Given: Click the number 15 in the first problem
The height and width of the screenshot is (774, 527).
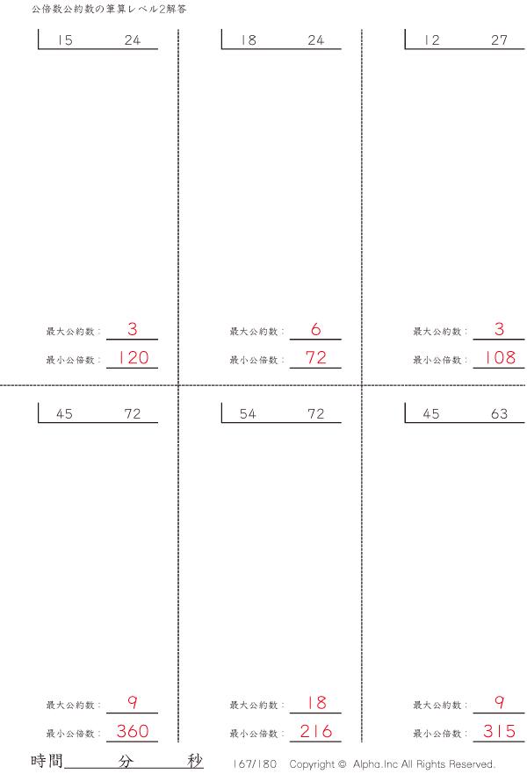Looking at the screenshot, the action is click(65, 40).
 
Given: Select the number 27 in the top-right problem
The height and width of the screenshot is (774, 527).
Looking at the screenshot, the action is click(499, 40).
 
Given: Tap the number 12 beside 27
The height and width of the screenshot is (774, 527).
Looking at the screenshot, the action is click(431, 40).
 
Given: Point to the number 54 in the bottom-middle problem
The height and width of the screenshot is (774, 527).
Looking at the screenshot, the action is click(248, 413).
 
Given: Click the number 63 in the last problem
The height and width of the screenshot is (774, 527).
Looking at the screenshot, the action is click(499, 413).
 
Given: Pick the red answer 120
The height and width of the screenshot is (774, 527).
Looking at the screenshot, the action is click(134, 357).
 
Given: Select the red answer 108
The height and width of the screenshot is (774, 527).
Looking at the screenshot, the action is click(501, 357).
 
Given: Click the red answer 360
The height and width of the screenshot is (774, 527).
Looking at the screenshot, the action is click(133, 731).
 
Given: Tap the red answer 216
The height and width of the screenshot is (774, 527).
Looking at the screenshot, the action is click(316, 731).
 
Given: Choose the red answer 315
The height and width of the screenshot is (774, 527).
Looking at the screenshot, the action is click(500, 731).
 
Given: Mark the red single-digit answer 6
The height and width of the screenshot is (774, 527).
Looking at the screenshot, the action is click(316, 329).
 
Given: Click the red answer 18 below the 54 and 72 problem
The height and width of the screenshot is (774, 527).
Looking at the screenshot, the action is click(316, 702).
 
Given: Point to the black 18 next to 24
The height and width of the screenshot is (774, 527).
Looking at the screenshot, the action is click(249, 40).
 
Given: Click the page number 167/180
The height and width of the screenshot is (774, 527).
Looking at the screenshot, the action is click(255, 764).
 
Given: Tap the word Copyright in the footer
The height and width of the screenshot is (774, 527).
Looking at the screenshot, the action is click(312, 764).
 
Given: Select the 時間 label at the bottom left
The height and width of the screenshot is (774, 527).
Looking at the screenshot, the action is click(47, 761).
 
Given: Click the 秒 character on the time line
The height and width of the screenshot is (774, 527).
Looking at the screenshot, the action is click(195, 761).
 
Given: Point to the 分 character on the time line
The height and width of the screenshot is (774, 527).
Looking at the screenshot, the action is click(126, 761).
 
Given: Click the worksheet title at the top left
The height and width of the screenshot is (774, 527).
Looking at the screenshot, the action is click(109, 9).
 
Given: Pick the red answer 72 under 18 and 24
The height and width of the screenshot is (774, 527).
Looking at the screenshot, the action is click(316, 357).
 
